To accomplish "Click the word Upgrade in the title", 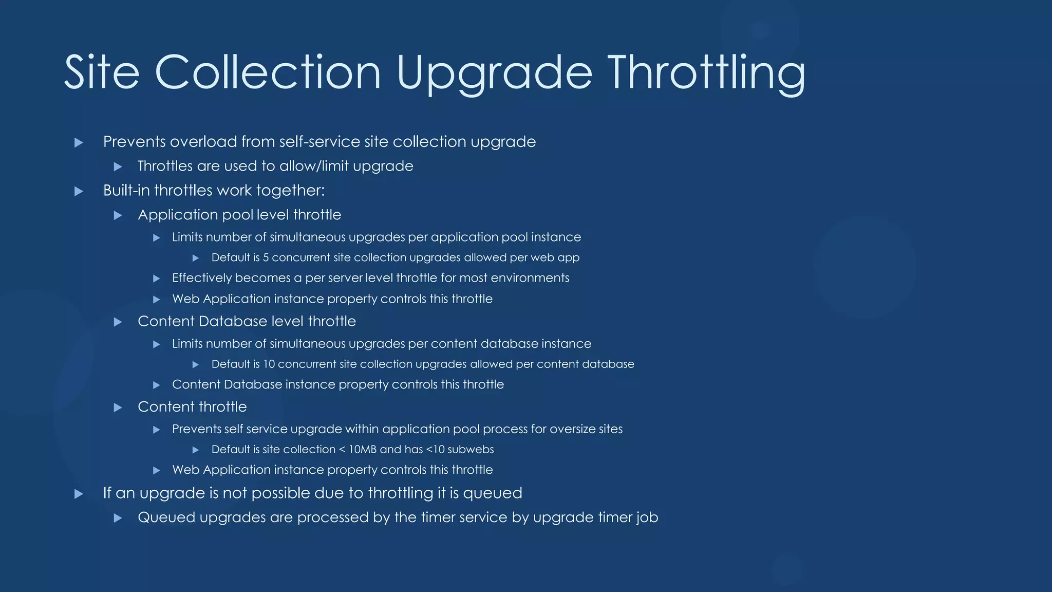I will (x=494, y=73).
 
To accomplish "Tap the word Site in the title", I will (x=102, y=73).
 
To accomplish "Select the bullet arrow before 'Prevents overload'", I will (x=79, y=142).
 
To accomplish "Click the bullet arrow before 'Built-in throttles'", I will (x=79, y=191).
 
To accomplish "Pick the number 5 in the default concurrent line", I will (x=266, y=257).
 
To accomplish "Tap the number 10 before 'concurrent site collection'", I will (x=269, y=364).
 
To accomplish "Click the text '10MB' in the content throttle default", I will (x=363, y=449).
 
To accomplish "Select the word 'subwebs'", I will (x=471, y=449).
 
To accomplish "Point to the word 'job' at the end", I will (x=647, y=517).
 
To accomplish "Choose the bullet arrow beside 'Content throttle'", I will (x=118, y=408).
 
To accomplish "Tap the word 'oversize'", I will (x=572, y=429).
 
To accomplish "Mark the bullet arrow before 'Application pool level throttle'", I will (x=118, y=215).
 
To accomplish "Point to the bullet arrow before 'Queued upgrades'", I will (x=118, y=518).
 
